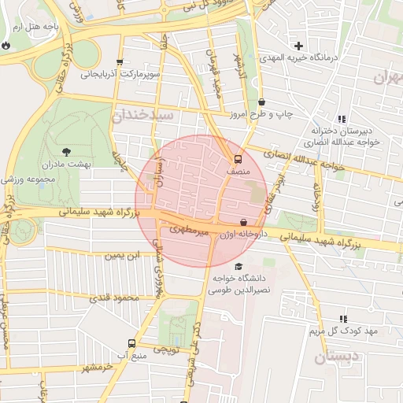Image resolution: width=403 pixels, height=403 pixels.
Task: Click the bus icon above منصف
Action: tap(238, 157)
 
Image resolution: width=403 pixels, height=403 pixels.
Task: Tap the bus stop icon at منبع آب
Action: tap(131, 343)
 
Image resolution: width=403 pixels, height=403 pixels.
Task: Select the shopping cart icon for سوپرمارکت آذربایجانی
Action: tap(119, 64)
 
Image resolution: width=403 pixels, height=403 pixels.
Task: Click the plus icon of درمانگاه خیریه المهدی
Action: tap(298, 46)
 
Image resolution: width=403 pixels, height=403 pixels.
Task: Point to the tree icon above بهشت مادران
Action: tap(65, 151)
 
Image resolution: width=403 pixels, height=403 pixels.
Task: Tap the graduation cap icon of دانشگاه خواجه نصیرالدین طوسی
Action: tap(238, 265)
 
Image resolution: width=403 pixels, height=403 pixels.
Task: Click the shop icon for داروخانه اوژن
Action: tap(242, 223)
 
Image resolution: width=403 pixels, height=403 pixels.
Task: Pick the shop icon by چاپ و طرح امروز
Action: tap(261, 102)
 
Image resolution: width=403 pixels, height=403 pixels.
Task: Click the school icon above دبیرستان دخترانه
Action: tap(342, 118)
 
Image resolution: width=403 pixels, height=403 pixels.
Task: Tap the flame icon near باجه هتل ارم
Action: tap(6, 45)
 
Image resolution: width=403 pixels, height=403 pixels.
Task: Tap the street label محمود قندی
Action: tap(116, 298)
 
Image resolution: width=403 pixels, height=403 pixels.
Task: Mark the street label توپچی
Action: tap(165, 349)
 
